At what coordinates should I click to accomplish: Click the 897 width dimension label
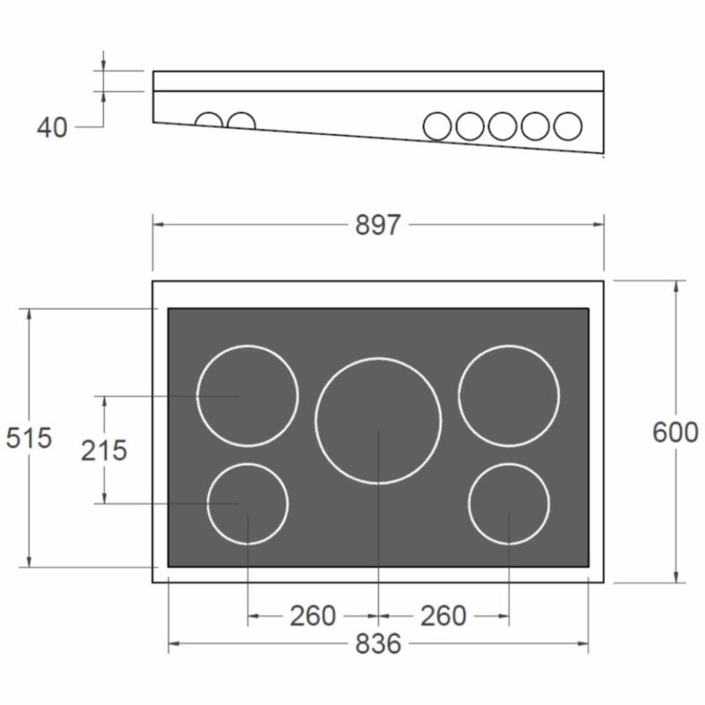point(377,225)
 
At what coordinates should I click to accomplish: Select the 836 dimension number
point(378,644)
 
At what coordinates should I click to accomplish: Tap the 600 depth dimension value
point(675,433)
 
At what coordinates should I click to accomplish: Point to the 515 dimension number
point(29,437)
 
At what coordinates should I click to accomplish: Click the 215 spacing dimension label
point(104,450)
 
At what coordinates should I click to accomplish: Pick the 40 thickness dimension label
point(52,127)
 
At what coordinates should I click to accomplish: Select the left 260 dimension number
point(313,616)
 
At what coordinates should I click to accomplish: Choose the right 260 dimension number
point(443,616)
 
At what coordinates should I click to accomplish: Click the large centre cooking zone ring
point(316,421)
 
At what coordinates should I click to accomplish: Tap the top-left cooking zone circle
point(197,396)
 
